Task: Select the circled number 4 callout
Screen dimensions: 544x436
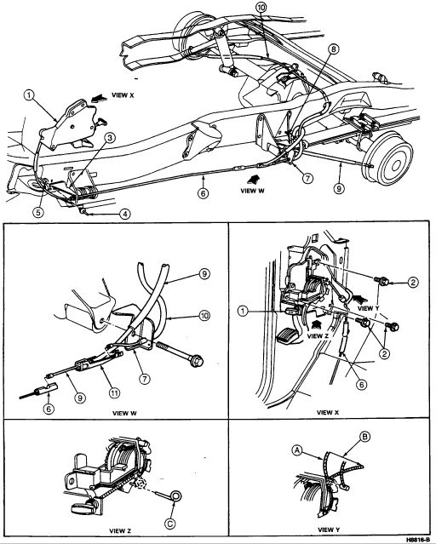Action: [126, 214]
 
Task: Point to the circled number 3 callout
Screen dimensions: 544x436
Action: [110, 135]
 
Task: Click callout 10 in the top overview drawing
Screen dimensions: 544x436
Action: [261, 8]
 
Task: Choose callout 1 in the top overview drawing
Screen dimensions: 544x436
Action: [30, 96]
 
